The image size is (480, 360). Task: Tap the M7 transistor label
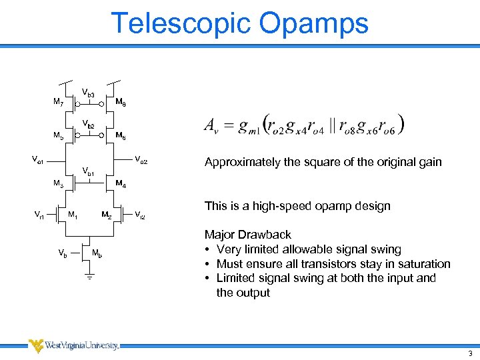(58, 103)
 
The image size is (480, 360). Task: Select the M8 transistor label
(121, 103)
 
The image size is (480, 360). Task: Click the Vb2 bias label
(88, 125)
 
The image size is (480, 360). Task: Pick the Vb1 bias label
(88, 172)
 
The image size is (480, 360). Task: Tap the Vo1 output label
(39, 159)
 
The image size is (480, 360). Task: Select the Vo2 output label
(141, 159)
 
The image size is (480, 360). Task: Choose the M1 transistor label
(73, 214)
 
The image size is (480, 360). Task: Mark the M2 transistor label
(106, 214)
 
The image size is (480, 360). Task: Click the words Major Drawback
(247, 235)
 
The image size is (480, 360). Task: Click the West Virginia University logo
(73, 345)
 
